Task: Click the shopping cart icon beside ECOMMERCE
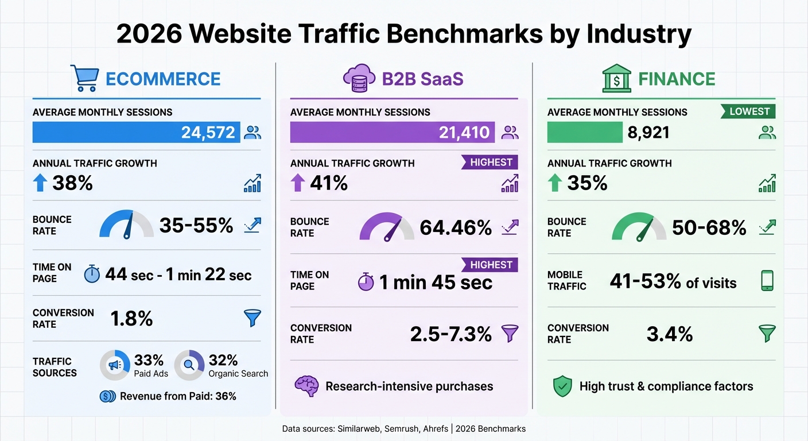84,78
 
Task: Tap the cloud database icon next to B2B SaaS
359,79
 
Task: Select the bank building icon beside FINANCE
616,79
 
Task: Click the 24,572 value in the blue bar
208,133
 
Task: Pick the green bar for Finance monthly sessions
584,133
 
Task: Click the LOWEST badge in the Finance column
749,111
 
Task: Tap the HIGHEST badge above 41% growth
491,163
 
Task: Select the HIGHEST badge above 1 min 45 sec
491,265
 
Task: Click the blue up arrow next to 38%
40,183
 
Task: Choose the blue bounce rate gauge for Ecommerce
126,225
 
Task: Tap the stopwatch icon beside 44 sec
92,274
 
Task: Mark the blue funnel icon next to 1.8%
252,318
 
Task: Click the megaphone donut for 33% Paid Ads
114,365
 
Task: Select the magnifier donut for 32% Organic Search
189,365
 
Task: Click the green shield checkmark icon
562,386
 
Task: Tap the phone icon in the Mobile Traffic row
767,281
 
